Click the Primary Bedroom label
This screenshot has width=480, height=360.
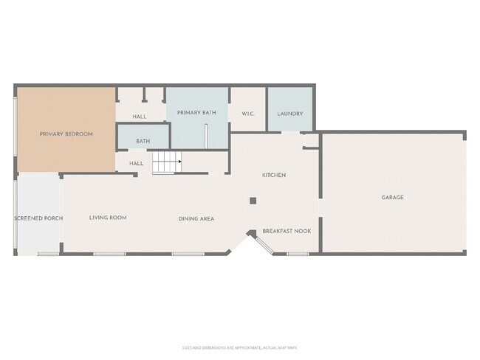coord(66,134)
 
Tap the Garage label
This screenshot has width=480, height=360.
coord(392,197)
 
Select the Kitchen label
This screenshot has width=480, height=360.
coord(274,175)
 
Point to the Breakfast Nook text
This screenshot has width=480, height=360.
coord(287,231)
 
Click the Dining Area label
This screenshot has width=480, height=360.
coord(196,218)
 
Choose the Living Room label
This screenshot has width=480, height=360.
coord(108,218)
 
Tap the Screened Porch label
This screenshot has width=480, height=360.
coord(38,218)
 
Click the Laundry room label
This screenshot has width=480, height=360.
coord(289,114)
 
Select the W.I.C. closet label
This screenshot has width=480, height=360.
coord(247,114)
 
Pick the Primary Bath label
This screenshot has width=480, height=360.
coord(196,112)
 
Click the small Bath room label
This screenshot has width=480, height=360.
coord(143,140)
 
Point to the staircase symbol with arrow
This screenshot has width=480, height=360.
coord(167,162)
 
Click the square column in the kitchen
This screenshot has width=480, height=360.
coord(253,200)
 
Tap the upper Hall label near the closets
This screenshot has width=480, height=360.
coord(139,117)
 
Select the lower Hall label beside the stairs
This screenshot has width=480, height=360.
coord(136,163)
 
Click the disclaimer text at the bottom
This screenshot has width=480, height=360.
coord(239,347)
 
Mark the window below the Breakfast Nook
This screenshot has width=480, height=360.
coord(298,254)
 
